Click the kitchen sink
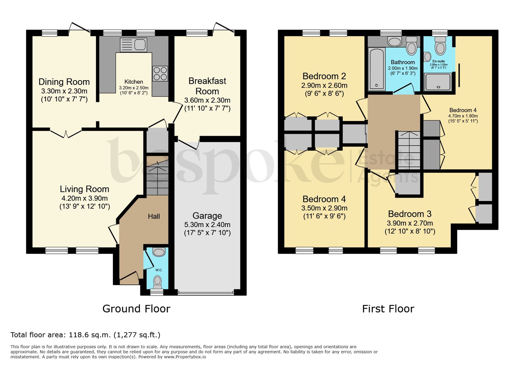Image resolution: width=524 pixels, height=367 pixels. tap(133, 45)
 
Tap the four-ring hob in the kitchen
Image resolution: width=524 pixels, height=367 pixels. tap(160, 73)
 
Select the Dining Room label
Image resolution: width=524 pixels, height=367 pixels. tap(64, 82)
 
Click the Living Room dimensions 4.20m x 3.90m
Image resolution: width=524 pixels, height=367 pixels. tap(85, 198)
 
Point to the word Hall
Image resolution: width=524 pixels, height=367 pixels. tap(154, 216)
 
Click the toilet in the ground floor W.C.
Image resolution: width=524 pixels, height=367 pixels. tap(157, 282)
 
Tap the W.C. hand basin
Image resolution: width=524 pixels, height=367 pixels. tap(159, 252)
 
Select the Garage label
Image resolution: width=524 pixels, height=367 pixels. tap(207, 216)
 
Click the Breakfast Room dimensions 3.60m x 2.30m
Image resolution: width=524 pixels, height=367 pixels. tap(207, 100)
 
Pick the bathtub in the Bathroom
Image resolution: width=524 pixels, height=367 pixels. tap(376, 69)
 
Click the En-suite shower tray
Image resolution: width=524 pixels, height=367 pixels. tap(438, 82)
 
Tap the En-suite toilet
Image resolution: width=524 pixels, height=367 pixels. tap(440, 46)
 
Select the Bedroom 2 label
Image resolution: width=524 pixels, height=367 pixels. tap(324, 76)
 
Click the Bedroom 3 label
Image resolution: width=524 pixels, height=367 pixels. tap(410, 214)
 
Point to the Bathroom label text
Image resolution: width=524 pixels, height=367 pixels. tap(403, 62)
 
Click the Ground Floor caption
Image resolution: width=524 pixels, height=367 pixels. tap(136, 309)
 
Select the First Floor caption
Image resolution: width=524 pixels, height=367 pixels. tap(388, 309)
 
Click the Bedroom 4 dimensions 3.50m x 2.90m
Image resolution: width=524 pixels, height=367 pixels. tap(324, 208)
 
